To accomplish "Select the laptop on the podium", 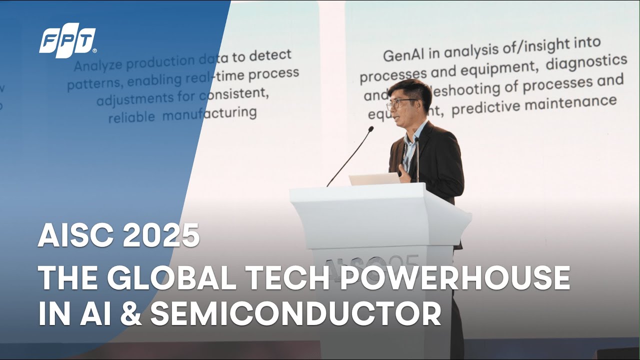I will pyautogui.click(x=374, y=179).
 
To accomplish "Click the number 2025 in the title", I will pyautogui.click(x=161, y=236).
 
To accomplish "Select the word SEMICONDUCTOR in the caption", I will pyautogui.click(x=295, y=313).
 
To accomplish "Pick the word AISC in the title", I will pyautogui.click(x=76, y=236).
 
